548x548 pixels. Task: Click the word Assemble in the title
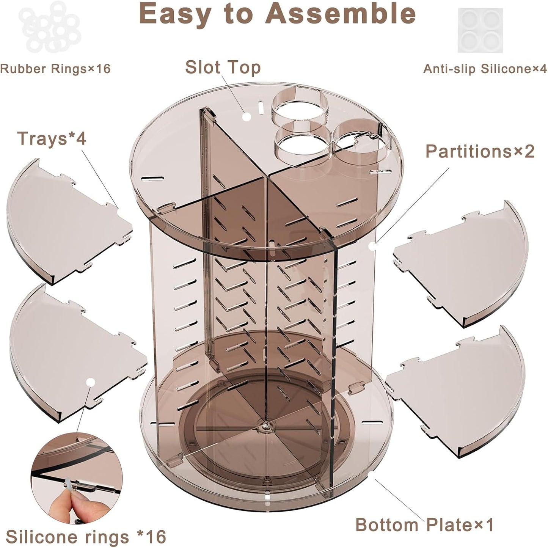[x=341, y=14]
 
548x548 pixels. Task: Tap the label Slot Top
[x=223, y=68]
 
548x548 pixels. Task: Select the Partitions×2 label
[x=480, y=152]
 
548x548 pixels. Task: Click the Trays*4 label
[x=52, y=138]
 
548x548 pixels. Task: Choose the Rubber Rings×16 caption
[x=55, y=69]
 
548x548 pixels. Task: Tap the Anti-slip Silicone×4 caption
[x=485, y=69]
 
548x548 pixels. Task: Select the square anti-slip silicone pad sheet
[x=480, y=30]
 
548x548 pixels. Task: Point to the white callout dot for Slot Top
[x=246, y=116]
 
